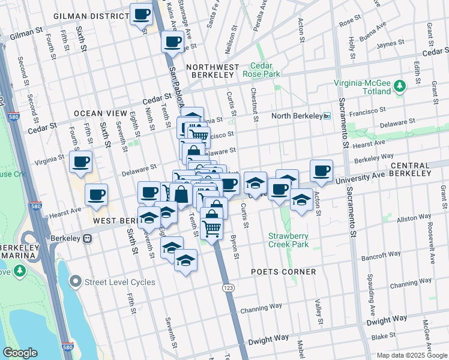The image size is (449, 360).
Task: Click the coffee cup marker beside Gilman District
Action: [x=142, y=15]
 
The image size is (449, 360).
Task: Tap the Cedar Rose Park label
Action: [x=261, y=70]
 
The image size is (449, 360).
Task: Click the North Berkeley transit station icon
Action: [x=327, y=116]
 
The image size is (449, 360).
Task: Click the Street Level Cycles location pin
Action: [x=75, y=281]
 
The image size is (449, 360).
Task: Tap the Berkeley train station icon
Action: [x=88, y=238]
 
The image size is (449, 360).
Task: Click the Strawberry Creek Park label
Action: [x=288, y=240]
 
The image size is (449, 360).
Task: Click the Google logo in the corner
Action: [x=20, y=353]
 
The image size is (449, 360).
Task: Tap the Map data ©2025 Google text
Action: [x=412, y=355]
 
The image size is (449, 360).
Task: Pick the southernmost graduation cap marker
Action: [x=186, y=260]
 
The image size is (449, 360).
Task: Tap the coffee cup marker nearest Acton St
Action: [x=322, y=170]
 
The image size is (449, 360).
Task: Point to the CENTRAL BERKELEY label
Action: [x=411, y=169]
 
